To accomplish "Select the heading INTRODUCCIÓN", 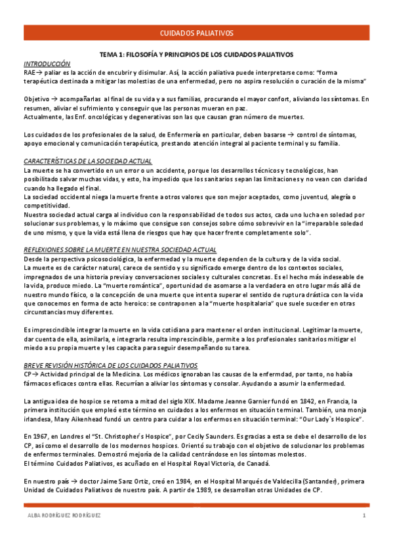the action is coord(47,64).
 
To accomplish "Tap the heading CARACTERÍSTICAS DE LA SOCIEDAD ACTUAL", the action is coord(87,161).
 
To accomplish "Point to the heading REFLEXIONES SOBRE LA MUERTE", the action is coord(119,250).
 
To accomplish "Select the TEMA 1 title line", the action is coord(196,55).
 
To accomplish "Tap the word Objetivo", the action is coord(35,99).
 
